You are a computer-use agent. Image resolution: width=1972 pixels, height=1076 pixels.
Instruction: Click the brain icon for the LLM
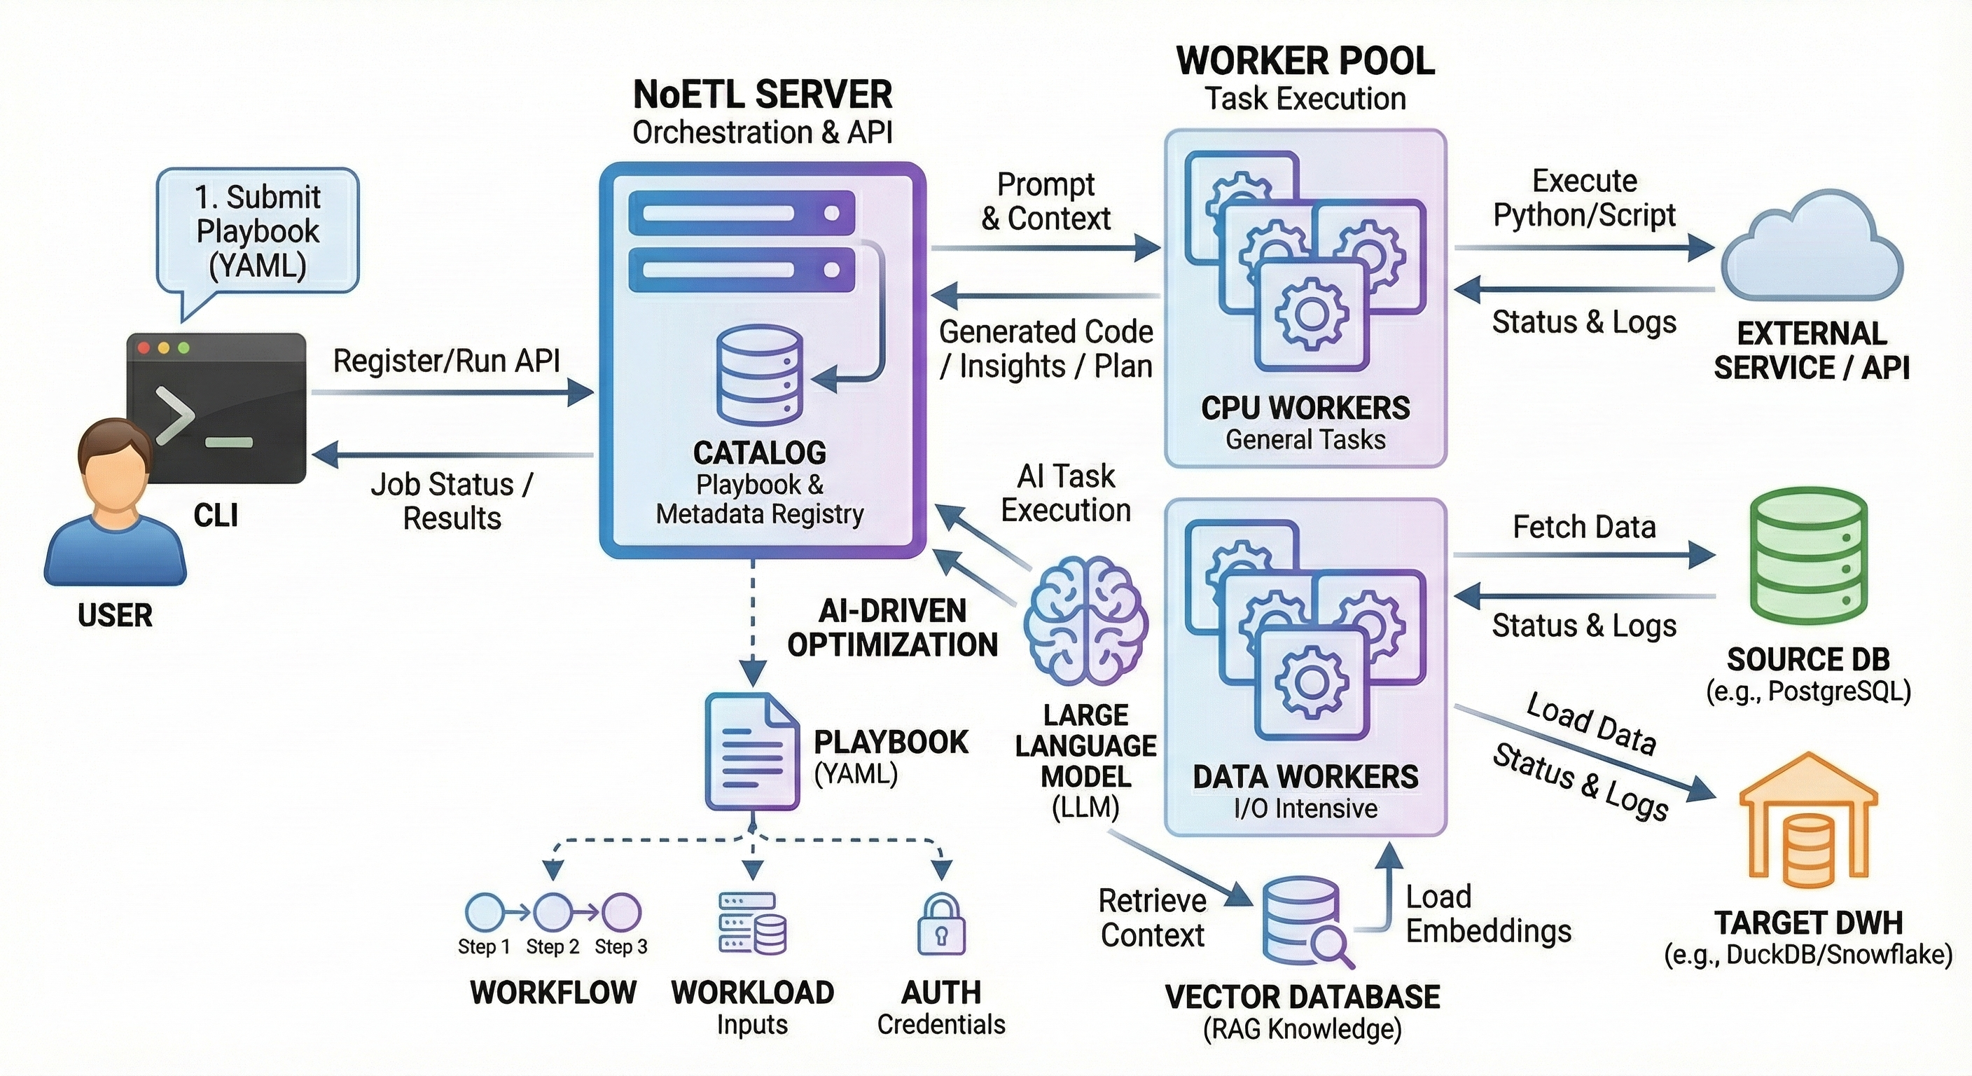coord(1086,621)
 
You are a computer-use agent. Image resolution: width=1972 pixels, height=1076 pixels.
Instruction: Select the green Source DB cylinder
coord(1808,557)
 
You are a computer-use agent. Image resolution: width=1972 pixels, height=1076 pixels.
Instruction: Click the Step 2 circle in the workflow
coord(552,911)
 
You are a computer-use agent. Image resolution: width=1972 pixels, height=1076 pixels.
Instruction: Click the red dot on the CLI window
coord(143,348)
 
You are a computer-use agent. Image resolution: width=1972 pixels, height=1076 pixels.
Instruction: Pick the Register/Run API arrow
coord(452,394)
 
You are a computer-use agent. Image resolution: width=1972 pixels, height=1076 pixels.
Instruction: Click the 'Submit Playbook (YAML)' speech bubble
coord(258,232)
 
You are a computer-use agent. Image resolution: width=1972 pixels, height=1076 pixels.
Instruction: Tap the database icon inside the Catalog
coord(759,375)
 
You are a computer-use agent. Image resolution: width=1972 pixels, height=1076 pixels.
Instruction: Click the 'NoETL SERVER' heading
coord(763,96)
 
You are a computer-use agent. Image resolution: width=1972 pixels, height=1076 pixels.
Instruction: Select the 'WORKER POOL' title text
coord(1305,61)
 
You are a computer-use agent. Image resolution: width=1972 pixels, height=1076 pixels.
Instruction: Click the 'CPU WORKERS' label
coord(1305,408)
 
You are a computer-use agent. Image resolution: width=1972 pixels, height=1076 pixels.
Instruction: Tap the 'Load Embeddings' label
coord(1487,913)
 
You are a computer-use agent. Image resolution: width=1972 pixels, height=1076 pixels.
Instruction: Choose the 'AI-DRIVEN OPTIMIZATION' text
coord(893,628)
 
